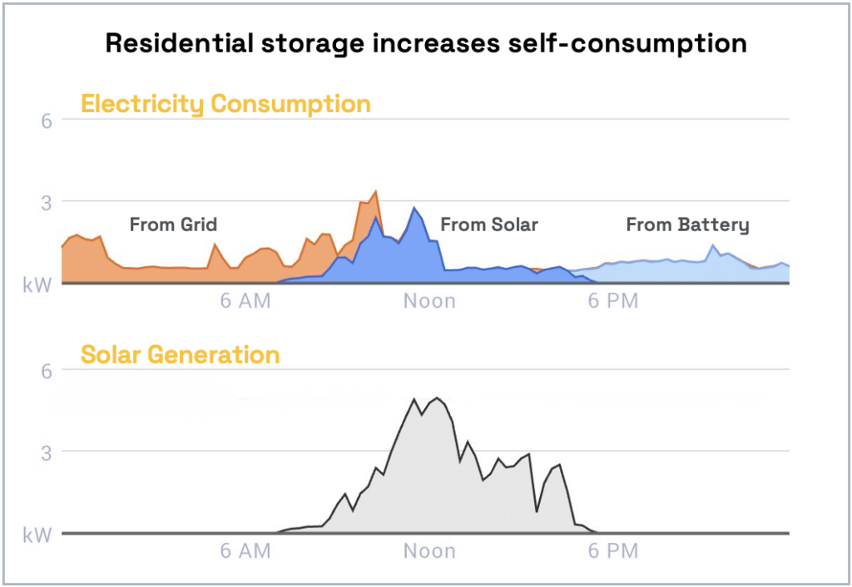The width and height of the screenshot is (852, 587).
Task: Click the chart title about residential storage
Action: (x=425, y=43)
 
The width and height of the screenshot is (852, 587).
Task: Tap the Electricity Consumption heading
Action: (x=225, y=105)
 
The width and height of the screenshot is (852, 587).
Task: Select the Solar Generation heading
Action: (x=180, y=355)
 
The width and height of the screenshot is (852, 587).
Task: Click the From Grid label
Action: (x=173, y=224)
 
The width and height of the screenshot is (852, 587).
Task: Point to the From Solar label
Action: (x=489, y=224)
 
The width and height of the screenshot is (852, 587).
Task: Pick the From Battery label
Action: (x=687, y=224)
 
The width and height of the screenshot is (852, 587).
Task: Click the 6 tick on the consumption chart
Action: (x=47, y=120)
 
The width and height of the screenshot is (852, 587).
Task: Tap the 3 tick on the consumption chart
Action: (x=47, y=202)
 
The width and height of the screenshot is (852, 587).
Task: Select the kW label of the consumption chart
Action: (x=38, y=284)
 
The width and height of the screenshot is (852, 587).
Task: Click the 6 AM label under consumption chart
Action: (x=245, y=301)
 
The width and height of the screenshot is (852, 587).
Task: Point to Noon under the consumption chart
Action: (x=429, y=301)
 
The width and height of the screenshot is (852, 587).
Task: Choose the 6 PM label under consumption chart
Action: (x=613, y=301)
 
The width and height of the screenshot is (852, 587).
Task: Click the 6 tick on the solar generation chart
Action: (x=47, y=371)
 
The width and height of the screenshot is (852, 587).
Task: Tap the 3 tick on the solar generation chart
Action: (x=47, y=452)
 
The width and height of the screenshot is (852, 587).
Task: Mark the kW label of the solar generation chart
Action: (x=38, y=535)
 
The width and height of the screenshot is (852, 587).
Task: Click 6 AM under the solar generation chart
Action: (x=245, y=551)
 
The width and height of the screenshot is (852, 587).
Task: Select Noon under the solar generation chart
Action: (x=429, y=551)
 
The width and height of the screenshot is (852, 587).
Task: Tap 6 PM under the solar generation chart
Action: (x=613, y=551)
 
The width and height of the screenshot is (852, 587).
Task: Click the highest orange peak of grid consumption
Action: (x=376, y=193)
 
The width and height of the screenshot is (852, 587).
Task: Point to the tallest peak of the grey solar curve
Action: (x=437, y=398)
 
